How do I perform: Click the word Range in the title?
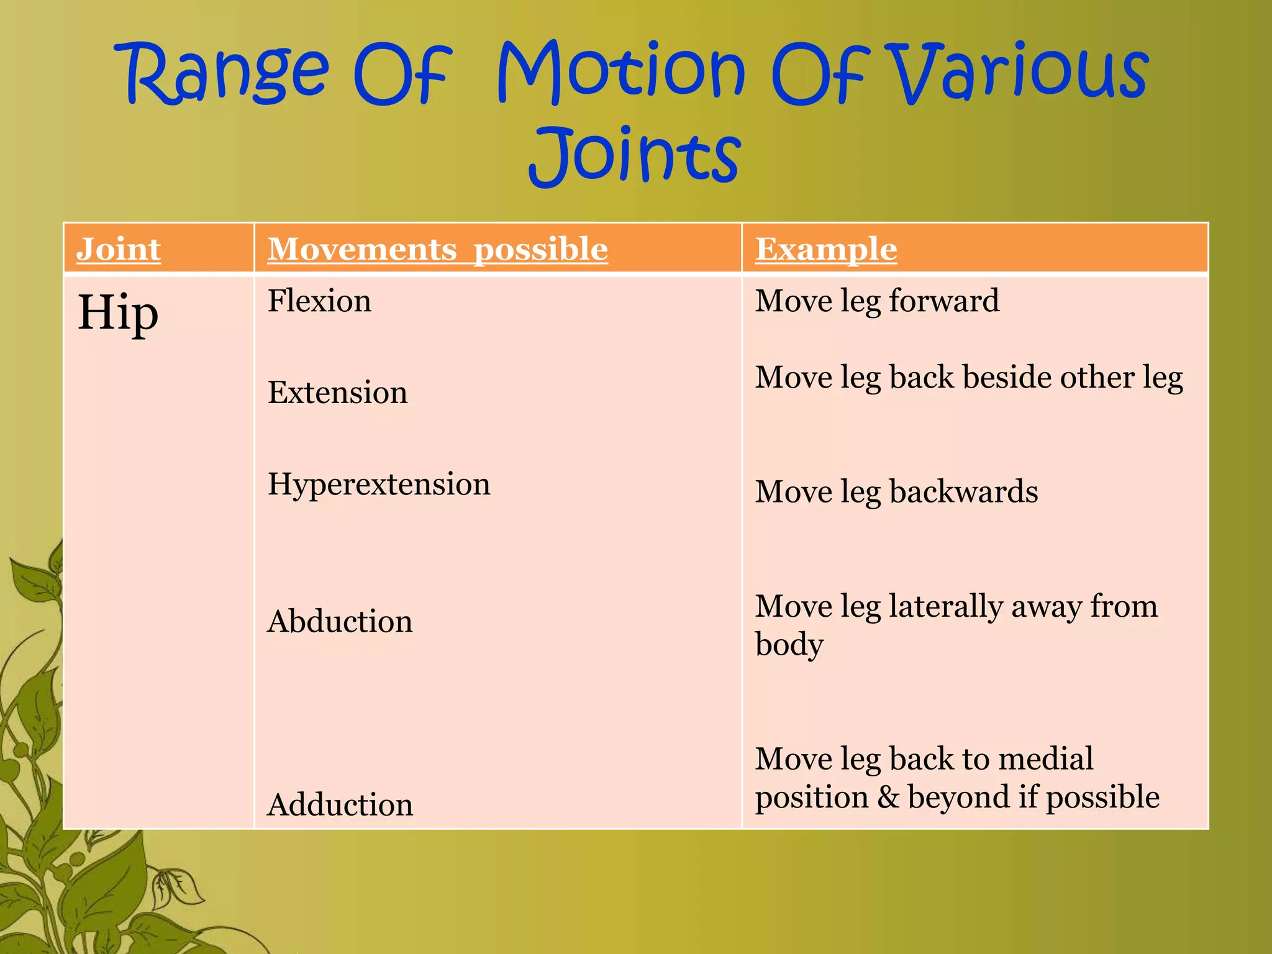point(227,73)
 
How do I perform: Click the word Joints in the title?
point(635,155)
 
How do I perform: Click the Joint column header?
point(119,249)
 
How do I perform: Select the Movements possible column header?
point(438,249)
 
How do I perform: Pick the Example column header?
point(826,249)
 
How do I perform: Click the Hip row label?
point(118,312)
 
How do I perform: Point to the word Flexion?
point(319,301)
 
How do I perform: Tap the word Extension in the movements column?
point(337,393)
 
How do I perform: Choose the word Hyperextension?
point(379,484)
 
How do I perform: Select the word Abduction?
point(340,621)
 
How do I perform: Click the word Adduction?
point(340,804)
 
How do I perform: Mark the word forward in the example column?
point(944,301)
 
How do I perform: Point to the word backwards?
point(963,491)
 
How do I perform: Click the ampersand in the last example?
point(888,797)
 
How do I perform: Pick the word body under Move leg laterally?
point(789,645)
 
